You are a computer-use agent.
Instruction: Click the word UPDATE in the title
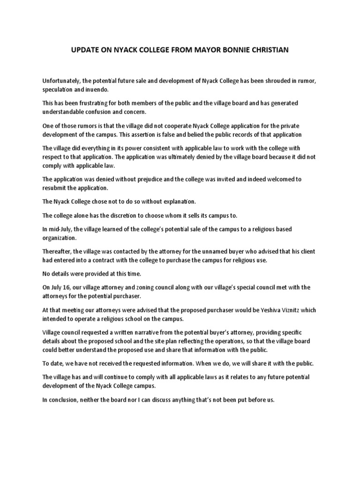pos(83,50)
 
